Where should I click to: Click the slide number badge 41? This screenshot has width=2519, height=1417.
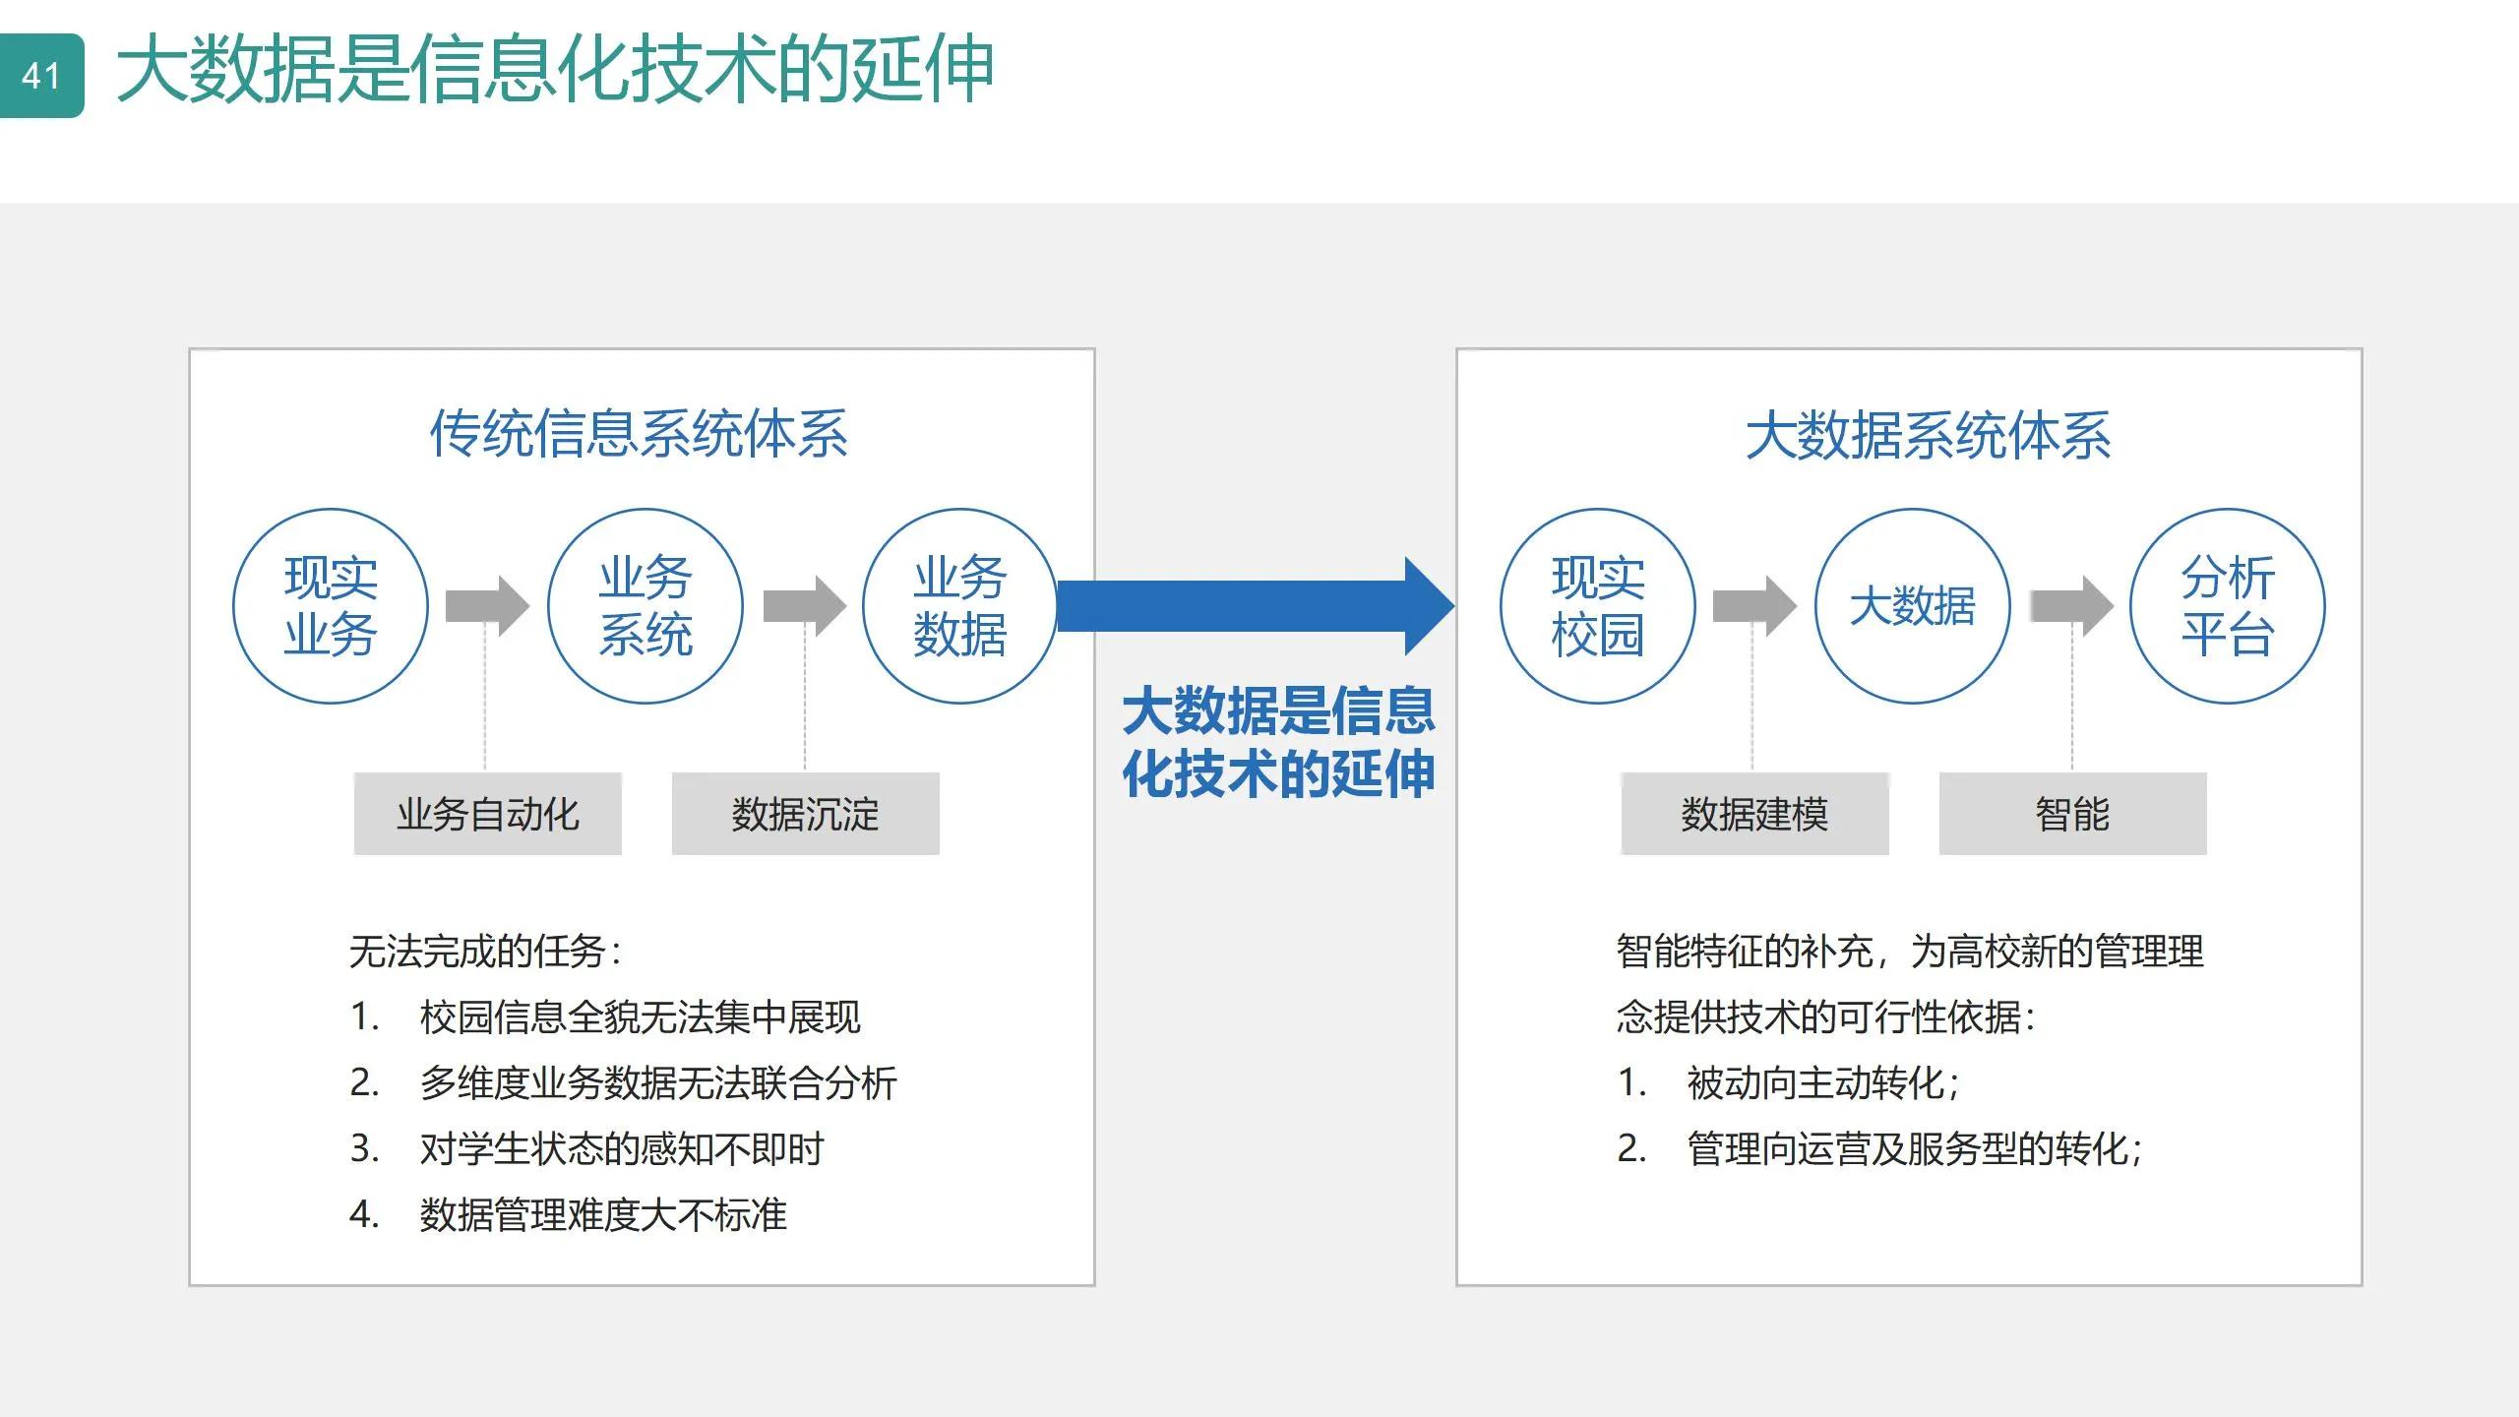(x=41, y=76)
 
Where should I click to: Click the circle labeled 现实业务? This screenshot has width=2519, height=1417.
(x=331, y=606)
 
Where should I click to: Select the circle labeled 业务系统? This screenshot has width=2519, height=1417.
(x=645, y=606)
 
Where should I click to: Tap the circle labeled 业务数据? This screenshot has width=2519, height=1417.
(x=959, y=606)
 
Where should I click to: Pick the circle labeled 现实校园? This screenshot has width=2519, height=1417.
(x=1598, y=606)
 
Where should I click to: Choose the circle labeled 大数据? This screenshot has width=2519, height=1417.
(x=1912, y=606)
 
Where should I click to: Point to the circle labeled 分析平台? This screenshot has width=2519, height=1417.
(x=2228, y=606)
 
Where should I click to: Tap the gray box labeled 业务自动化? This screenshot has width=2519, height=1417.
(x=488, y=814)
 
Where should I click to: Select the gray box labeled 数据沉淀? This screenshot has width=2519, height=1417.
(x=805, y=814)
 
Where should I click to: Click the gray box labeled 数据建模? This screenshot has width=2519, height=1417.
(x=1754, y=814)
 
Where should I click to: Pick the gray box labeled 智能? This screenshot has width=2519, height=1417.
(x=2072, y=814)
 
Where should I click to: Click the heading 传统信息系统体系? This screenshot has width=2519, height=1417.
(x=639, y=434)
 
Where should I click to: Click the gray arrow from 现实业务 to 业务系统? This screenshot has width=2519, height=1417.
(x=487, y=606)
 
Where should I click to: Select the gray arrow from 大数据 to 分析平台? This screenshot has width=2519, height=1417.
(x=2071, y=606)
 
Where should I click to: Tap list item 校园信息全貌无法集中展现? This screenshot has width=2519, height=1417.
(x=640, y=1017)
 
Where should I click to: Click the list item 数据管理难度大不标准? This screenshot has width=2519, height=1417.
(x=602, y=1214)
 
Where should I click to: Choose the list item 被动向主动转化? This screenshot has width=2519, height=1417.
(x=1822, y=1082)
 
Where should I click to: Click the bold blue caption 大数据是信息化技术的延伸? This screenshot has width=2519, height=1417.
(x=1278, y=742)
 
